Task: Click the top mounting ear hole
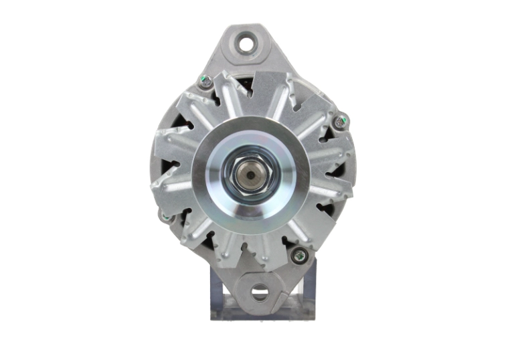coord(249,44)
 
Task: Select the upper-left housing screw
coord(206,82)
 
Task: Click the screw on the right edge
coord(341,122)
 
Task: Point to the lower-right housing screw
coord(299,254)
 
